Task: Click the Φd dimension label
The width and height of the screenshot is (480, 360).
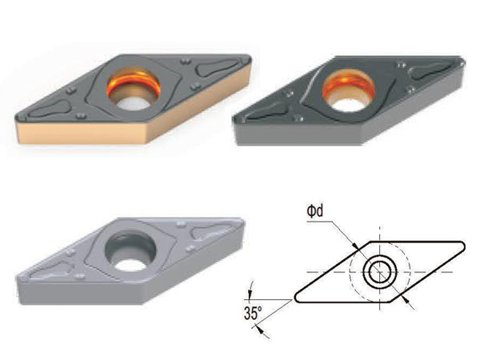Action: [x=315, y=211]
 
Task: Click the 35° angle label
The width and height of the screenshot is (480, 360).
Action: [x=253, y=313]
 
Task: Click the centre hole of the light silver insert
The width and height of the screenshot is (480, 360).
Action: [x=130, y=252]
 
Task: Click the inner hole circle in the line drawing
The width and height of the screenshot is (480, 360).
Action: [x=379, y=271]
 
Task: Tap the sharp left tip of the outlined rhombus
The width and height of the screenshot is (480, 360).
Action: [x=294, y=298]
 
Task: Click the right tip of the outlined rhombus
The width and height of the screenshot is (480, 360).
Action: [x=465, y=246]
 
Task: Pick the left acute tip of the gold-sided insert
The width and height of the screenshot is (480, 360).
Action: [x=16, y=122]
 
